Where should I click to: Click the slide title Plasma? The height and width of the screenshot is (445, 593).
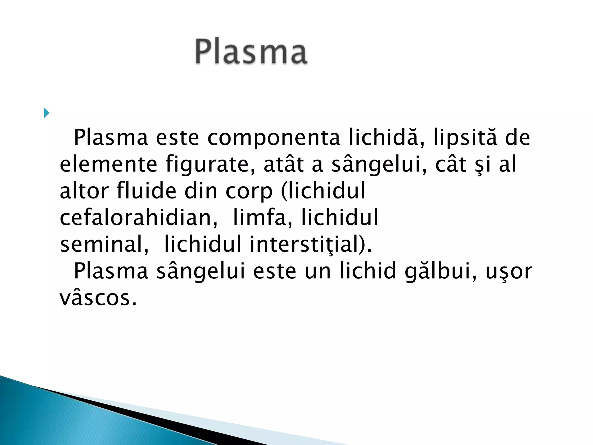251,52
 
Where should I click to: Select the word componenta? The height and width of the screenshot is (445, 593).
274,138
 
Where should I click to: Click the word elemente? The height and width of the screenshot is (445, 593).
108,164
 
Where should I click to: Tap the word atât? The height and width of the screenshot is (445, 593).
284,164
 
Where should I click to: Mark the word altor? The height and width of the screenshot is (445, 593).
84,191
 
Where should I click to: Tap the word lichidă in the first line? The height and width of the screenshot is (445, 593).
386,137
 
